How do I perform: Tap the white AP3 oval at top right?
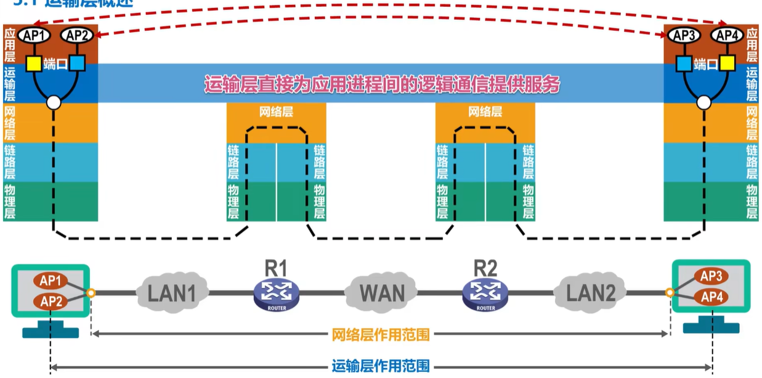click(684, 36)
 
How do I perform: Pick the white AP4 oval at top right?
click(728, 36)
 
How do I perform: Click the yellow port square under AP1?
click(33, 63)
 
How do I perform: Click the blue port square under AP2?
click(77, 63)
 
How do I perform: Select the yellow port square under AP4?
click(728, 63)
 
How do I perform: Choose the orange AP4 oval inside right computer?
click(711, 297)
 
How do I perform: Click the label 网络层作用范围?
click(380, 335)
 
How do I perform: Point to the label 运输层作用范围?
click(380, 366)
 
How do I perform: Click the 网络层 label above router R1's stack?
click(276, 113)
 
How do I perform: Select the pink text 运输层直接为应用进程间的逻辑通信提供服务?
click(382, 84)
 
